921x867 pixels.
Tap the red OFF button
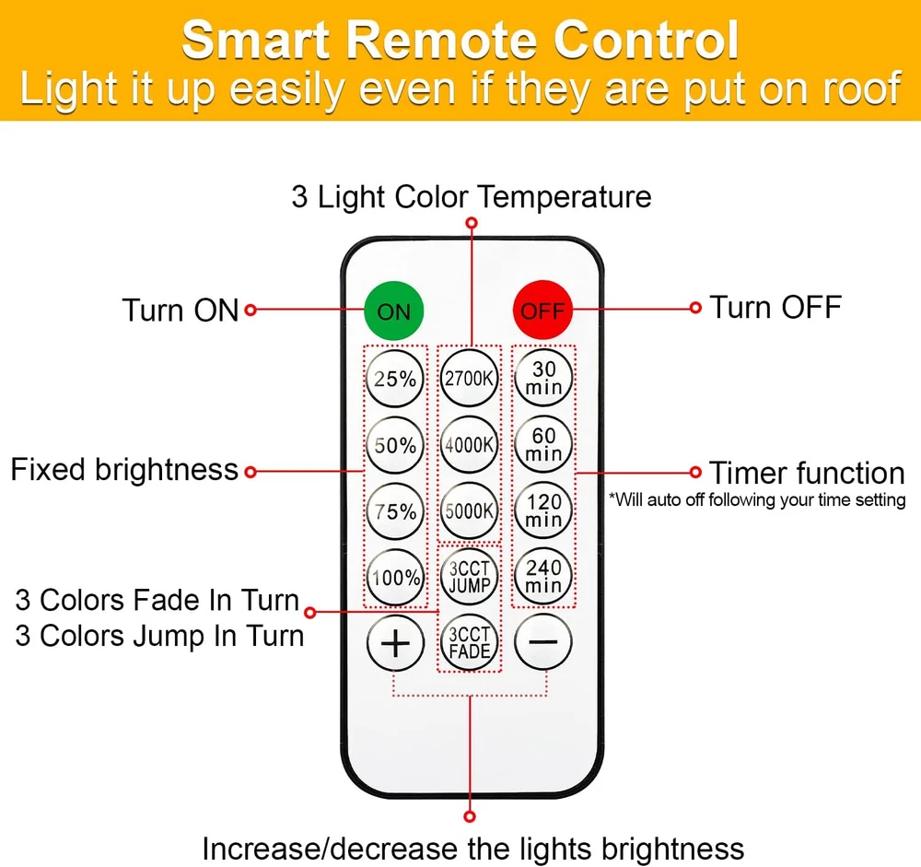tap(542, 310)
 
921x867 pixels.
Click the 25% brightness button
tap(395, 378)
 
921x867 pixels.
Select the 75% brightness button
tap(395, 511)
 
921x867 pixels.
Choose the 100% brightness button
tap(395, 578)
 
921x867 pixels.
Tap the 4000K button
tap(470, 444)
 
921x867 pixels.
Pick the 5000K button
tap(470, 510)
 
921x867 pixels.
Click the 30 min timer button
tap(543, 377)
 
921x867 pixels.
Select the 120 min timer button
tap(543, 510)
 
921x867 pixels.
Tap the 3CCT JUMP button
tap(470, 577)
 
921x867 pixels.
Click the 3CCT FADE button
tap(470, 642)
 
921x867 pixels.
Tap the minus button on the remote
tap(543, 642)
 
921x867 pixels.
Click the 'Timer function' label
tap(807, 473)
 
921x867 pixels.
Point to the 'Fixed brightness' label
tap(124, 470)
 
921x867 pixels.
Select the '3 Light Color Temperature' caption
tap(472, 196)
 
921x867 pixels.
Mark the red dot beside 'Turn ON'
tap(250, 310)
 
